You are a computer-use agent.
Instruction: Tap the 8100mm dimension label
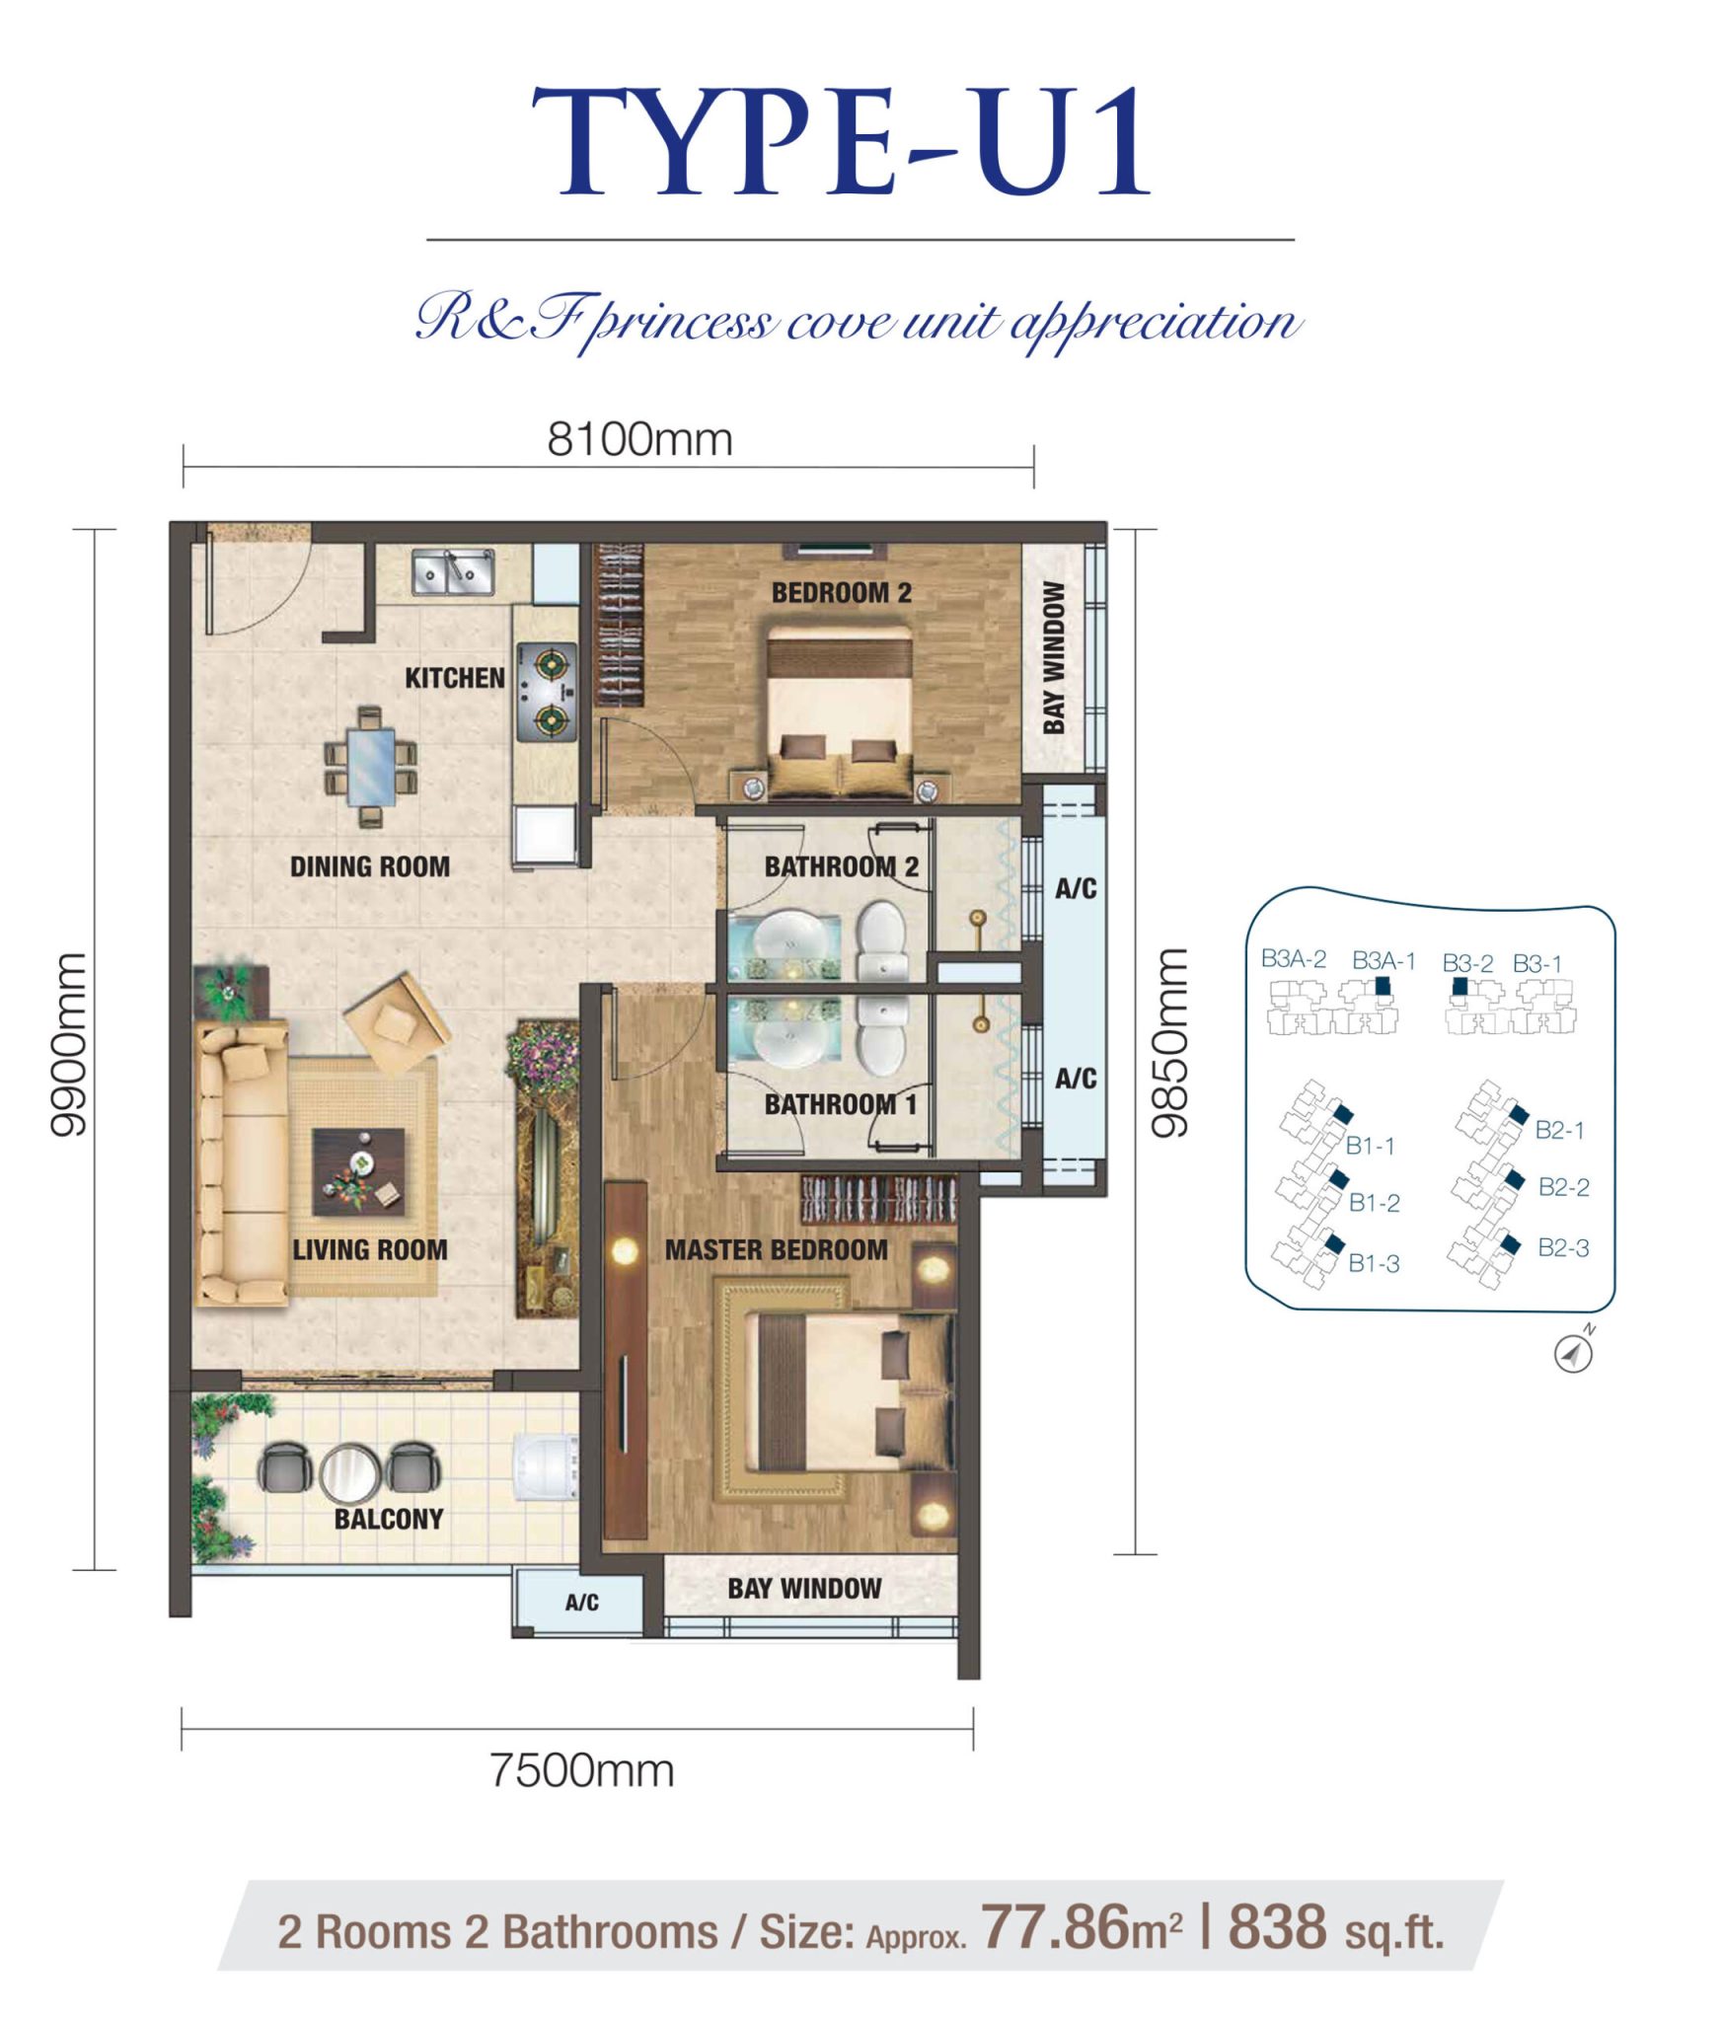click(639, 440)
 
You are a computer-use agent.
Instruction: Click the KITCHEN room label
click(454, 678)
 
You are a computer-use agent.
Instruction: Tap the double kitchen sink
click(453, 572)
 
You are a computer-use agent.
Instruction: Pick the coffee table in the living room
click(358, 1172)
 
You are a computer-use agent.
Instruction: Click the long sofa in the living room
click(240, 1164)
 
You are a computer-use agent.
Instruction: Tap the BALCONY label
click(389, 1519)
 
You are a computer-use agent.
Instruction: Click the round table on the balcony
click(349, 1470)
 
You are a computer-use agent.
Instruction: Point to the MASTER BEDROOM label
click(776, 1249)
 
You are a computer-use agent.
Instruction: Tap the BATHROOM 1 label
click(840, 1104)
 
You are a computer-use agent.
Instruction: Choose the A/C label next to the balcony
click(581, 1603)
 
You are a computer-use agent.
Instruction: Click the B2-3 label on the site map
click(1563, 1248)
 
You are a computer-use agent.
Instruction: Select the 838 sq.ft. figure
click(1335, 1929)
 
